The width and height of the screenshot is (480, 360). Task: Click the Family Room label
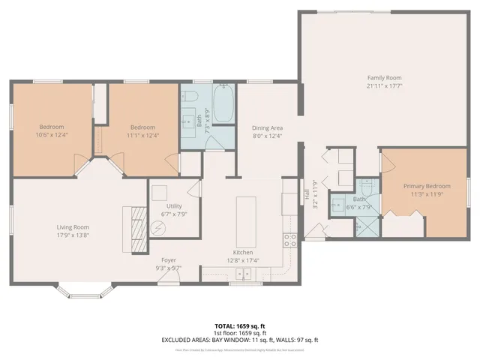pyautogui.click(x=384, y=78)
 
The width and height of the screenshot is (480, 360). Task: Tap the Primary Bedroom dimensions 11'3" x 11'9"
pyautogui.click(x=427, y=194)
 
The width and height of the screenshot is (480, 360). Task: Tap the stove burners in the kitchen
pyautogui.click(x=288, y=240)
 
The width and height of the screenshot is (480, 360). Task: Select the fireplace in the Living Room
pyautogui.click(x=137, y=229)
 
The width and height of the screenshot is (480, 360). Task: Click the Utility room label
pyautogui.click(x=174, y=205)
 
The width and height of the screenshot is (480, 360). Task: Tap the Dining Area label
pyautogui.click(x=267, y=127)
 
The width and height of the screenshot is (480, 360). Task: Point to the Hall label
pyautogui.click(x=307, y=193)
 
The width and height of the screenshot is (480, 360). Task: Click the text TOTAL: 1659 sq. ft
pyautogui.click(x=239, y=326)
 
